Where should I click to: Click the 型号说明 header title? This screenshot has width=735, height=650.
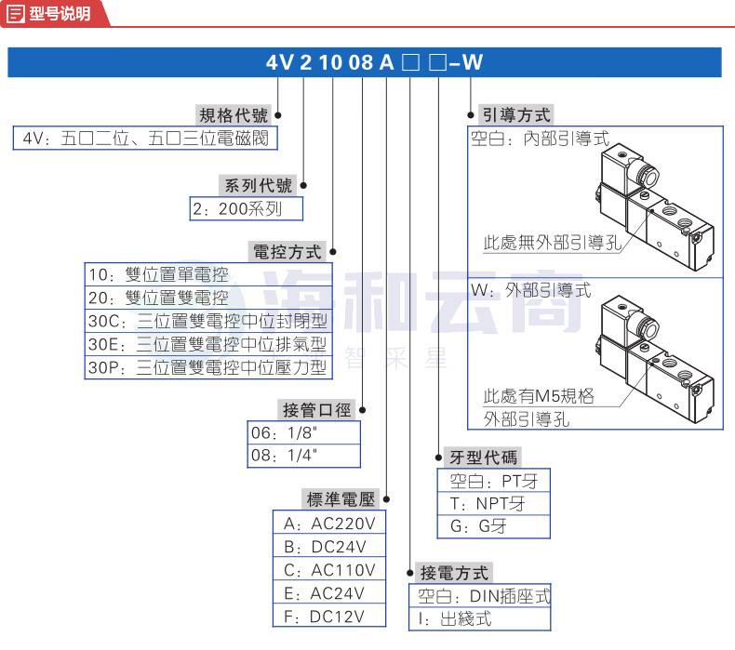pyautogui.click(x=60, y=13)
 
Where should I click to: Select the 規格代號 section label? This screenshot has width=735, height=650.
pyautogui.click(x=234, y=115)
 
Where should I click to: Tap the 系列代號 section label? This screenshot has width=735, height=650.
pyautogui.click(x=259, y=186)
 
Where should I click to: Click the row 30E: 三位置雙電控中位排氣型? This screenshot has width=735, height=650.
pyautogui.click(x=207, y=344)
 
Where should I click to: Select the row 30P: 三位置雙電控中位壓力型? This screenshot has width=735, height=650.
pyautogui.click(x=207, y=367)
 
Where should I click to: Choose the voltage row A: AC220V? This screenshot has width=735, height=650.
pyautogui.click(x=329, y=524)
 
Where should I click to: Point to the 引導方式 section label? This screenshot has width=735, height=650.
pyautogui.click(x=516, y=114)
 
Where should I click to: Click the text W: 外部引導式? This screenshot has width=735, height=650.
pyautogui.click(x=531, y=290)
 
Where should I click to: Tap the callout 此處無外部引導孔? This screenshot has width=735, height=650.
pyautogui.click(x=553, y=243)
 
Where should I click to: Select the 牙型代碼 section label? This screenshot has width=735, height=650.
pyautogui.click(x=483, y=458)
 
